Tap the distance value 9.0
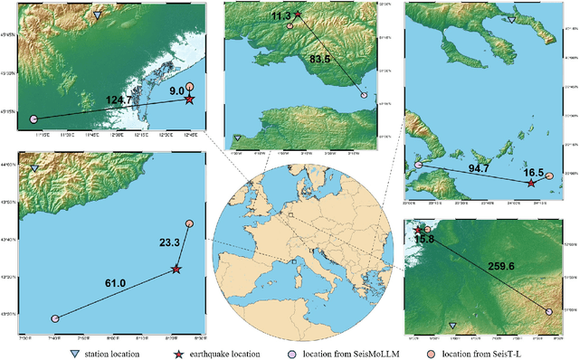click(176, 91)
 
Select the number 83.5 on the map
click(322, 60)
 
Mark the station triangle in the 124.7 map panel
click(98, 15)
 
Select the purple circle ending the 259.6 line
click(549, 311)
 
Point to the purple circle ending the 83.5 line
click(365, 95)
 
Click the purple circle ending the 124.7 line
click(33, 118)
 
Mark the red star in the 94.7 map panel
click(531, 184)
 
